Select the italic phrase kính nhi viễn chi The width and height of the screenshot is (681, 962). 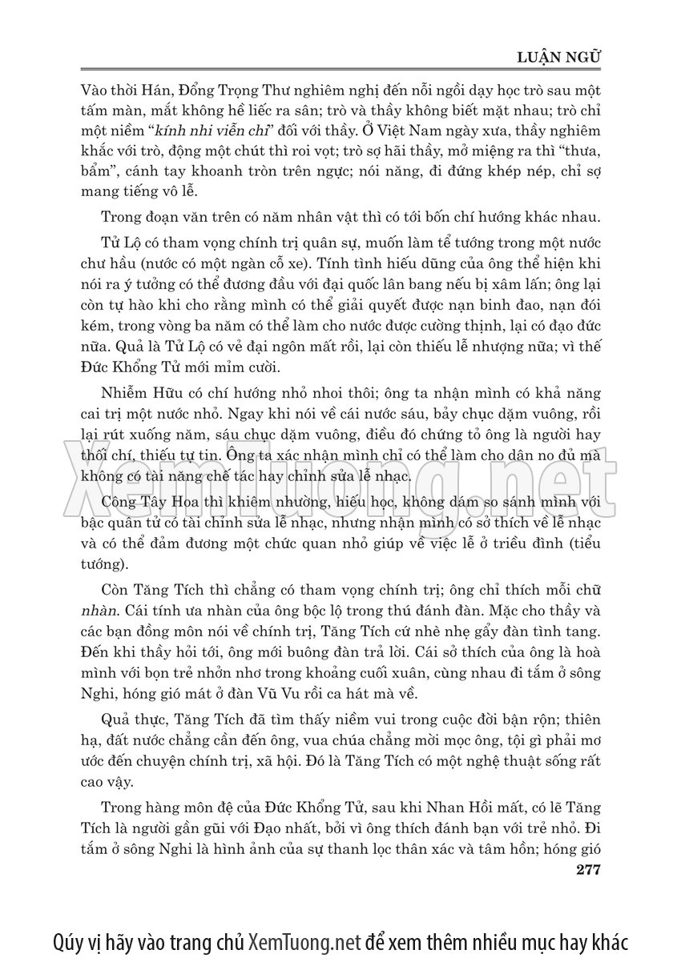pyautogui.click(x=204, y=131)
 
